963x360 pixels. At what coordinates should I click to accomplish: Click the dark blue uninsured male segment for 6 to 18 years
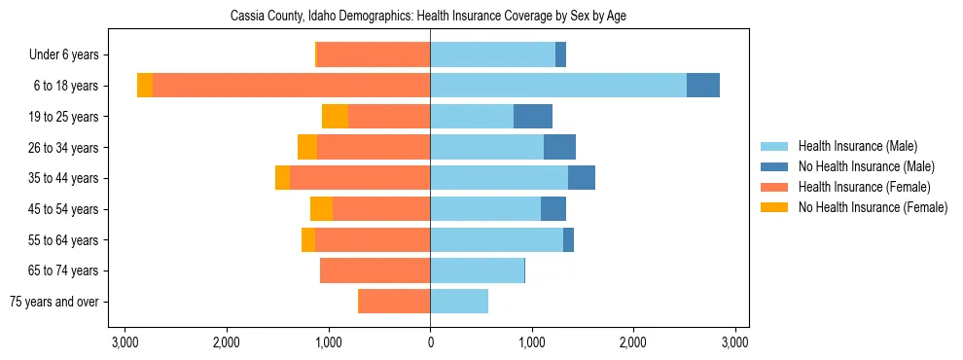click(703, 86)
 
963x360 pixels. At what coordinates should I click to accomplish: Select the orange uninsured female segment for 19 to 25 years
click(335, 117)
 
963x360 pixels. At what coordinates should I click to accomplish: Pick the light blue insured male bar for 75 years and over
click(459, 302)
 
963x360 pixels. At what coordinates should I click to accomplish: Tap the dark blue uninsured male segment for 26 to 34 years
click(559, 147)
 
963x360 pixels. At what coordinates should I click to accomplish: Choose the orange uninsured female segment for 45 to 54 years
click(321, 209)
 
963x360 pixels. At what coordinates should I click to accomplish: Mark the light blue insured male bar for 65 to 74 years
click(477, 270)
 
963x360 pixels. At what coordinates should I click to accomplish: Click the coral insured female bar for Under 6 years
click(374, 55)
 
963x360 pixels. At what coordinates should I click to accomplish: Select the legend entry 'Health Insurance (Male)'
click(857, 146)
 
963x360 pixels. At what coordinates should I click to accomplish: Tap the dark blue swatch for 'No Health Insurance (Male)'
click(774, 166)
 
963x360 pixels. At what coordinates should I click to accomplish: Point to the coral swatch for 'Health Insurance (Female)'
click(774, 187)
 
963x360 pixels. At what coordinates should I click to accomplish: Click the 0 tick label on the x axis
click(430, 342)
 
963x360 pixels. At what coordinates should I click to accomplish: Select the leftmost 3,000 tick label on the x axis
click(125, 342)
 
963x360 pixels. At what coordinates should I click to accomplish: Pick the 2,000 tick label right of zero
click(633, 342)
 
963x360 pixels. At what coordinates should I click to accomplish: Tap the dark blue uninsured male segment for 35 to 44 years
click(582, 178)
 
